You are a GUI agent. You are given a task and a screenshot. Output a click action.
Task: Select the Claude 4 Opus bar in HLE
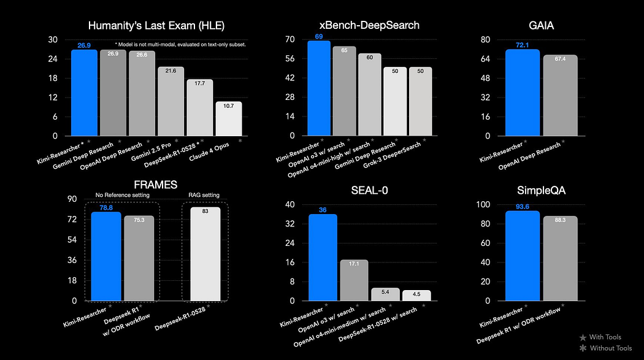(x=228, y=119)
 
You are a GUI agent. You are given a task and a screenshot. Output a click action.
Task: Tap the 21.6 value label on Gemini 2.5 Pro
(x=171, y=71)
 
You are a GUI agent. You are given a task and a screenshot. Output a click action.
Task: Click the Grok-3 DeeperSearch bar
(x=420, y=101)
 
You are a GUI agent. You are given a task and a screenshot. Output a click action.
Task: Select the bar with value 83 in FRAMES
(x=205, y=254)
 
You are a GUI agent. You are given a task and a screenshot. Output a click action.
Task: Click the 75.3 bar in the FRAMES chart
(x=139, y=258)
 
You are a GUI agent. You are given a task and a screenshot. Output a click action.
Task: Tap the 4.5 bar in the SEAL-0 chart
(x=416, y=296)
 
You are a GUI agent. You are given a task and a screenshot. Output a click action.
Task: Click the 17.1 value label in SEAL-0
(x=354, y=263)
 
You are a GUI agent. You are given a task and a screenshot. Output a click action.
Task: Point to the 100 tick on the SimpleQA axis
(x=484, y=204)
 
